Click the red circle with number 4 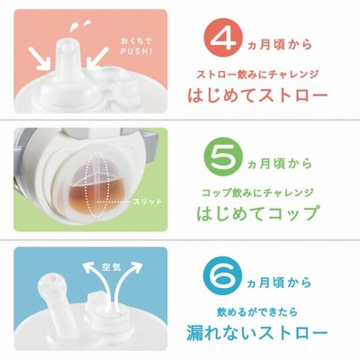click(x=224, y=40)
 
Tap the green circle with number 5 click(x=222, y=157)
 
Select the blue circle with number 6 click(x=222, y=275)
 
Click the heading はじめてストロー click(x=257, y=95)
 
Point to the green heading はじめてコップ click(x=257, y=212)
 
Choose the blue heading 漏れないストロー click(x=256, y=332)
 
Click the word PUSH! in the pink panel click(x=137, y=51)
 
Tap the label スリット click(x=148, y=202)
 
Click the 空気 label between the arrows click(x=112, y=267)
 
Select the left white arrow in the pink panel click(x=40, y=58)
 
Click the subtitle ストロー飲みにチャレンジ click(x=257, y=75)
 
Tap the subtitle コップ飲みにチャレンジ click(x=257, y=193)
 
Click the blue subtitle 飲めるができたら click(x=257, y=311)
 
